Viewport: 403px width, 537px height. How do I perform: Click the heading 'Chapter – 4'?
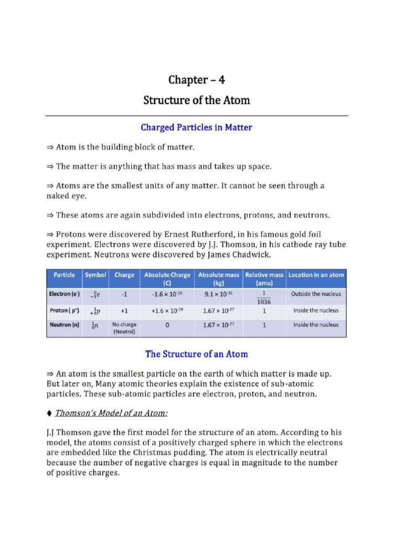tap(197, 80)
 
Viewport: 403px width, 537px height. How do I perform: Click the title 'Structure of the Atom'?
tap(197, 100)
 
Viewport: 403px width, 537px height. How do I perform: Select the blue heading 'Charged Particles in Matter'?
tap(197, 127)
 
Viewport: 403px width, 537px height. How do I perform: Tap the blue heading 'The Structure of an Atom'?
tap(197, 354)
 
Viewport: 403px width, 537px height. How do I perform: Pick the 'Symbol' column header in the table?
tap(96, 275)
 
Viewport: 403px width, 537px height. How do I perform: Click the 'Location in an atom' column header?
tap(316, 275)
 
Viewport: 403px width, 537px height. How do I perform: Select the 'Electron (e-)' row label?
tap(64, 294)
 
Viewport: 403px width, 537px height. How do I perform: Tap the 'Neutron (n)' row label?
tap(64, 325)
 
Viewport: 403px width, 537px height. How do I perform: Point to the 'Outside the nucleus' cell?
tap(316, 294)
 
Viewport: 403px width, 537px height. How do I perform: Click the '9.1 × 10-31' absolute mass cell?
tap(218, 295)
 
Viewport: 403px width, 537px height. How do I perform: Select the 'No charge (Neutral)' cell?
tap(124, 328)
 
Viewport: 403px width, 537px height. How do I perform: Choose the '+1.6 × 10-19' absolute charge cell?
tap(167, 310)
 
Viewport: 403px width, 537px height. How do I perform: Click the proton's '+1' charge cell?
tap(124, 310)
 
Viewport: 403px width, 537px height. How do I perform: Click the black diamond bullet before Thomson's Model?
tap(49, 414)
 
